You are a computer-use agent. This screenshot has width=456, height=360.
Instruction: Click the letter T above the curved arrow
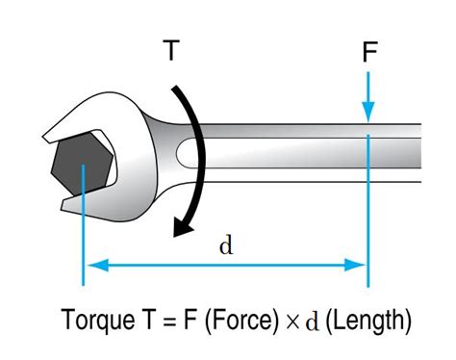coord(170,50)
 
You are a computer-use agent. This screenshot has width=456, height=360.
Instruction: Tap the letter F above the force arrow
coord(368,52)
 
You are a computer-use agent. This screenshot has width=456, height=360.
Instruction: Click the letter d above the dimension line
coord(226,244)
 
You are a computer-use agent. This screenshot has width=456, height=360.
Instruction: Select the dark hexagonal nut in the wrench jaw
coord(85,165)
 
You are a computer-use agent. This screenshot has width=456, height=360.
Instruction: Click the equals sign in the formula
coord(158,320)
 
